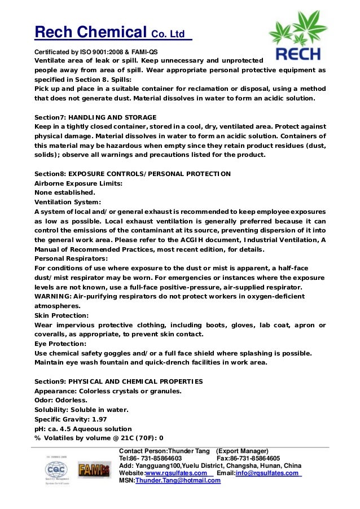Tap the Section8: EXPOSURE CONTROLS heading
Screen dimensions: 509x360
[x=133, y=174]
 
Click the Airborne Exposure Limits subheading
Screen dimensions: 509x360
[x=79, y=183]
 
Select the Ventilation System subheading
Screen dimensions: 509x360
[x=68, y=202]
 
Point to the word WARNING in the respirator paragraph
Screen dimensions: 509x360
[x=52, y=296]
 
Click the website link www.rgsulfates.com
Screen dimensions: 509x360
[x=177, y=473]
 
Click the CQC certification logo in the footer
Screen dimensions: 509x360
[x=55, y=469]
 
